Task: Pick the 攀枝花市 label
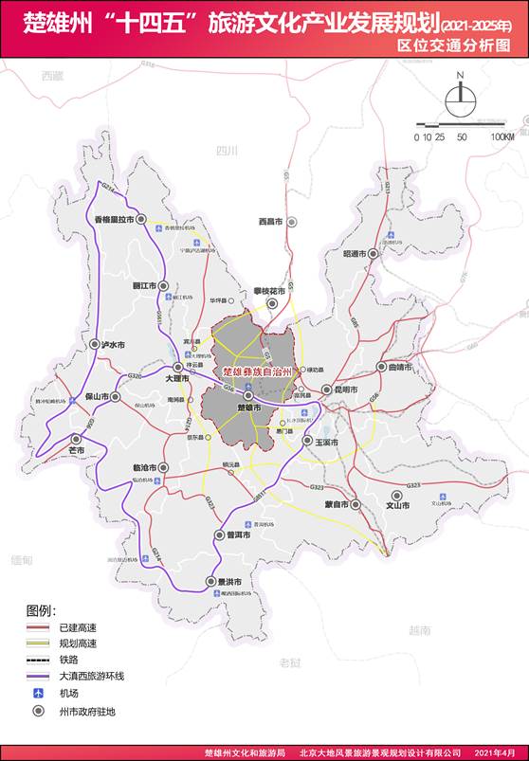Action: point(270,291)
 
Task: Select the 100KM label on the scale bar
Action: point(502,137)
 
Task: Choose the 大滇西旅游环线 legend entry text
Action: point(92,676)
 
